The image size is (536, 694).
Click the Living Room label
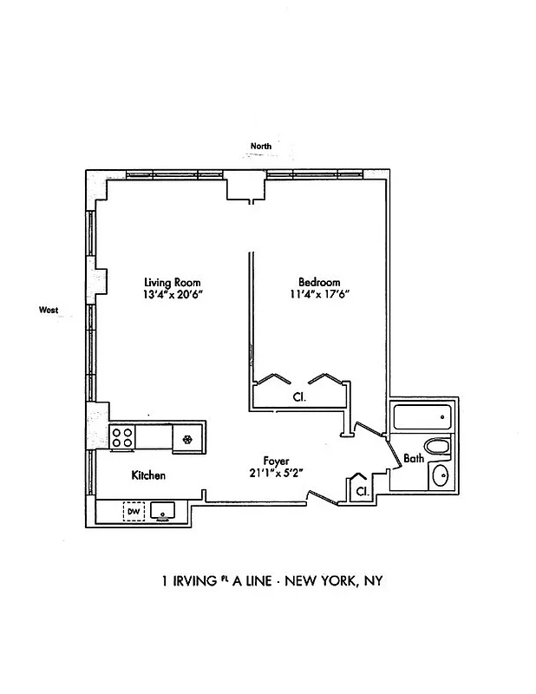(173, 282)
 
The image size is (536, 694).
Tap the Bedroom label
(319, 282)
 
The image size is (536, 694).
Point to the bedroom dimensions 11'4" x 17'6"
(319, 294)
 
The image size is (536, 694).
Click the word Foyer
(277, 461)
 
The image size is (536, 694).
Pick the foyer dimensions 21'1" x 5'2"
(277, 473)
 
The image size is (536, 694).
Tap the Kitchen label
(148, 475)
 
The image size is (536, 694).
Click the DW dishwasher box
(133, 512)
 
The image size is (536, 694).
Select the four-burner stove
(122, 436)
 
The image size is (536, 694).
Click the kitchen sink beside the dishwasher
(162, 512)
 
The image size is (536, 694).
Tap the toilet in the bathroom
(440, 448)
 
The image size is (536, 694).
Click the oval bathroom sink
(441, 476)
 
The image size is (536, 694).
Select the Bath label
(414, 459)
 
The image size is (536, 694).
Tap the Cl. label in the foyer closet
(361, 491)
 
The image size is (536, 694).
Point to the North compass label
(260, 147)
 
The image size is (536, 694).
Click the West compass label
(48, 309)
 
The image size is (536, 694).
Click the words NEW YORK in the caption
(310, 580)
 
